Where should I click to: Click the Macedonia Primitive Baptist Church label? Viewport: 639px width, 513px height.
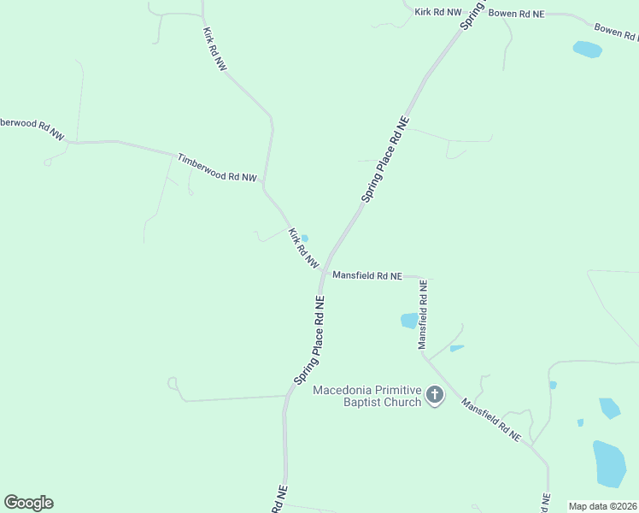coord(367,396)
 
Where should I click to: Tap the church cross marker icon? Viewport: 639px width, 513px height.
coord(435,395)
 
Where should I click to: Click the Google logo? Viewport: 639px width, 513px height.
coord(28,503)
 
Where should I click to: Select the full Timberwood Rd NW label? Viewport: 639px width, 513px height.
coord(216,168)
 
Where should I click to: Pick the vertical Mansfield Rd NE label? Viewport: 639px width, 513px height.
coord(422,314)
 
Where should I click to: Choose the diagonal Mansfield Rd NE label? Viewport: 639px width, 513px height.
coord(491,419)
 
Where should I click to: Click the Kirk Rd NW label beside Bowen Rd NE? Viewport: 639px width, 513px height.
coord(438,12)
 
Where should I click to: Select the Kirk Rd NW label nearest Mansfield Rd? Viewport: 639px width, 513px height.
coord(303,248)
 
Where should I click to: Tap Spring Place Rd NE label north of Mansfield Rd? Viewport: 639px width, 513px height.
coord(385,159)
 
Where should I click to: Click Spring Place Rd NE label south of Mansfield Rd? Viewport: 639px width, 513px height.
coord(310,339)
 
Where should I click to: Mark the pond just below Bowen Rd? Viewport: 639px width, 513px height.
coord(587,50)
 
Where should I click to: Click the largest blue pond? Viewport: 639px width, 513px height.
coord(609,463)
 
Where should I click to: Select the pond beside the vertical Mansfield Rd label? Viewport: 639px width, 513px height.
coord(409,321)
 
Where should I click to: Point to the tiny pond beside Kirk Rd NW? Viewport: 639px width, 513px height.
coord(305,239)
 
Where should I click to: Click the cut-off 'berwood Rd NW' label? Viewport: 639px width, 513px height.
coord(32,128)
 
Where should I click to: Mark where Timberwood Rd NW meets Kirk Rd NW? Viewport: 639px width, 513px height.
coord(263,186)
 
